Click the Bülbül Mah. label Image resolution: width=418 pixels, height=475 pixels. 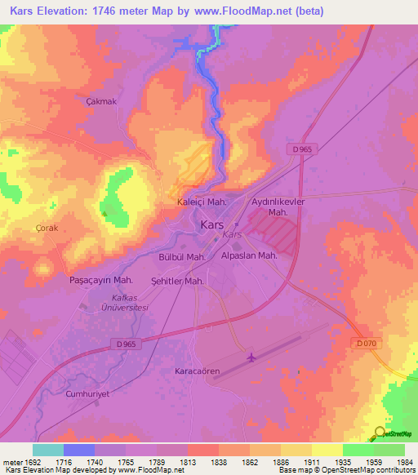(181, 256)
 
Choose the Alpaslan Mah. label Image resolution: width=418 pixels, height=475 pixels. (249, 255)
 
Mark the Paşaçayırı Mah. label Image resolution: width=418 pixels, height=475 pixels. (101, 279)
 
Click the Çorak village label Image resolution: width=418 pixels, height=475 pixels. (47, 229)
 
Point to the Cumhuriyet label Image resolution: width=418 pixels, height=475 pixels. (88, 393)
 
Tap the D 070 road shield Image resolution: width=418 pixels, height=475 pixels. (366, 343)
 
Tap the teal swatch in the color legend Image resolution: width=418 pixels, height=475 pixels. (47, 450)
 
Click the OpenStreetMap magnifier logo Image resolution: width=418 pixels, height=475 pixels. (380, 433)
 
